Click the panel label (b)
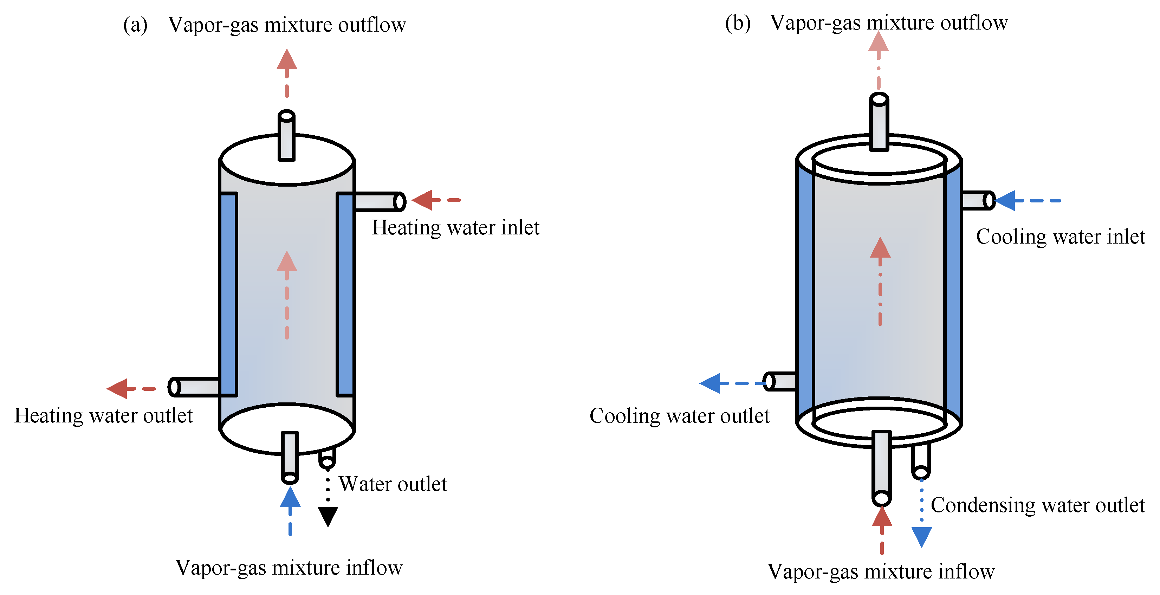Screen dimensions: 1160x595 [738, 23]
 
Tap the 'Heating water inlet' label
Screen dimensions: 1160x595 [455, 228]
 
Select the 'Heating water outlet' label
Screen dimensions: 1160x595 [104, 416]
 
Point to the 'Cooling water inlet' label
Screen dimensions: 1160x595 [1061, 237]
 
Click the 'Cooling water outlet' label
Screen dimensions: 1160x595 [680, 416]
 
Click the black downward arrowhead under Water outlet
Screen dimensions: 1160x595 [328, 517]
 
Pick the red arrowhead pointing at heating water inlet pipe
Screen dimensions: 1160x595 [422, 200]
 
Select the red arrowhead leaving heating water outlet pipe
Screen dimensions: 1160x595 [117, 388]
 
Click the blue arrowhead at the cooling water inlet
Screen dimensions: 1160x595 [1005, 200]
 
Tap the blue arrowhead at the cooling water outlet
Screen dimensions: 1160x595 [710, 383]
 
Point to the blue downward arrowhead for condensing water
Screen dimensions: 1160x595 [922, 537]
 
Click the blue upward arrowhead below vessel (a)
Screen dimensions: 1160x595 [290, 497]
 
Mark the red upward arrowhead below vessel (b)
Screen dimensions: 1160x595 [882, 516]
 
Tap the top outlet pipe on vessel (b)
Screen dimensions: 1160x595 [879, 121]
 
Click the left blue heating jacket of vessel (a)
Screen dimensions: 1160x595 [228, 295]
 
